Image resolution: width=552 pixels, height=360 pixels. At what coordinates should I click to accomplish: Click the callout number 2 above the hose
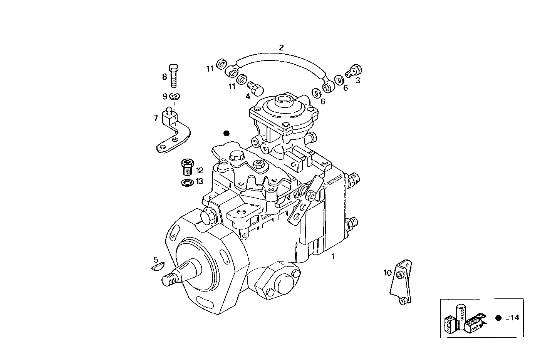click(x=281, y=48)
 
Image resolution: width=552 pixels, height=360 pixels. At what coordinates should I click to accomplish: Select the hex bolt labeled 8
click(x=173, y=76)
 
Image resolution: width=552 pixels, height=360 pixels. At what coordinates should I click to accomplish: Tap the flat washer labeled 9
click(x=175, y=96)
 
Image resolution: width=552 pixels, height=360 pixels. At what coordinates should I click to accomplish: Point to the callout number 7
click(x=156, y=118)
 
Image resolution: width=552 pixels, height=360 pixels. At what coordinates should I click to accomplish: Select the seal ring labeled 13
click(x=187, y=182)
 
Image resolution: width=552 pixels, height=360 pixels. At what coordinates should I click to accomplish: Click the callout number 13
click(x=199, y=181)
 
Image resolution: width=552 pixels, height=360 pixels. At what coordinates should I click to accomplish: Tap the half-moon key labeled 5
click(x=158, y=266)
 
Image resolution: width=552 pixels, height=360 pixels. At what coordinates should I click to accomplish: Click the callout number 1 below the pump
click(x=333, y=256)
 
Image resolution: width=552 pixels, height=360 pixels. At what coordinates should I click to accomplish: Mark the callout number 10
click(x=387, y=273)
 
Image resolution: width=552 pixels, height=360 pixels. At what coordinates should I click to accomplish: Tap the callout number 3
click(x=357, y=80)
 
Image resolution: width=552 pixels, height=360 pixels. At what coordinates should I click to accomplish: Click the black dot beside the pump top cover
click(x=227, y=133)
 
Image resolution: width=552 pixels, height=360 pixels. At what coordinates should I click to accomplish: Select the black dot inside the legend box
click(x=498, y=318)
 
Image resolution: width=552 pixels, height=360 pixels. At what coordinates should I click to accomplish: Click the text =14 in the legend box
click(x=513, y=318)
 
